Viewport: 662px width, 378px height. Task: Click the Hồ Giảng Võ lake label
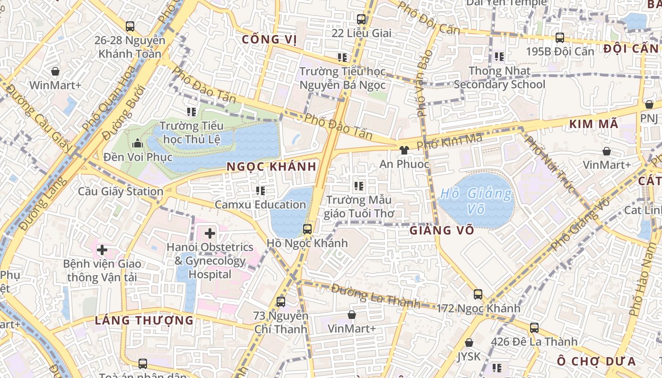[476, 200]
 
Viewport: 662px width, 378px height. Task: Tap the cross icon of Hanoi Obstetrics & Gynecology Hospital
[210, 233]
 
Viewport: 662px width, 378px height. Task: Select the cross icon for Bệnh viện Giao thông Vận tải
[102, 249]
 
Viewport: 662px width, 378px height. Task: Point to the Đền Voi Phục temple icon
[138, 143]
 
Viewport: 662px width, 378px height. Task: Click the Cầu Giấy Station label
[121, 191]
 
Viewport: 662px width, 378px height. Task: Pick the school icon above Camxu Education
[260, 191]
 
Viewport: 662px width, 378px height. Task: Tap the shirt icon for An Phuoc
[404, 150]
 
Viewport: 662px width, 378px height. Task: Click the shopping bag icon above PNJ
[649, 104]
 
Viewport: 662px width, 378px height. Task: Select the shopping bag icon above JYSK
[469, 343]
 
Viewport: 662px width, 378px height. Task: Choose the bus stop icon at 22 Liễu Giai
[361, 19]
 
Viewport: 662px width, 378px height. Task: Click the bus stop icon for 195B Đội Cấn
[560, 38]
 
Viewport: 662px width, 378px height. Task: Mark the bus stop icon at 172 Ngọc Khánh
[478, 294]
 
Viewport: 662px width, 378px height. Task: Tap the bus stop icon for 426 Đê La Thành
[534, 327]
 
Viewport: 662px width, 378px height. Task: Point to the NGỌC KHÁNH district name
[271, 167]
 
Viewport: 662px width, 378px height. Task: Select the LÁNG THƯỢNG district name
[144, 320]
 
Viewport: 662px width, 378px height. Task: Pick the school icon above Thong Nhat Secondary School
[499, 57]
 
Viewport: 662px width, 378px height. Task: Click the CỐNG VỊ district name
[269, 40]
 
